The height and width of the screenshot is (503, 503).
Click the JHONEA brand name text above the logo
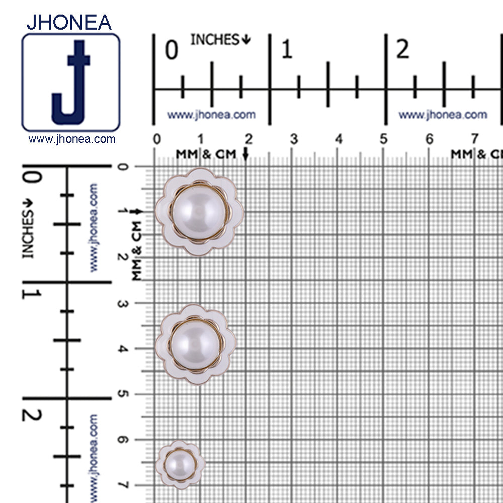point(69,22)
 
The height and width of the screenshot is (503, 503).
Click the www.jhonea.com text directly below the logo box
point(72,139)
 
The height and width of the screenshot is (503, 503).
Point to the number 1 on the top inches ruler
point(287,50)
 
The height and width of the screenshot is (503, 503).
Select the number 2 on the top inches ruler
point(403,49)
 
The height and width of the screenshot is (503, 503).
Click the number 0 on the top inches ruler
point(172,50)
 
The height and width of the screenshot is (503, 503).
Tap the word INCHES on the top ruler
point(215,40)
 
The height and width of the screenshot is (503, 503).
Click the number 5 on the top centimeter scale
point(384,139)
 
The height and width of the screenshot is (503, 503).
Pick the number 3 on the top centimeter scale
point(294,139)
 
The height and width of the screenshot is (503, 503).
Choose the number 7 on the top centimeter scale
point(474,139)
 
